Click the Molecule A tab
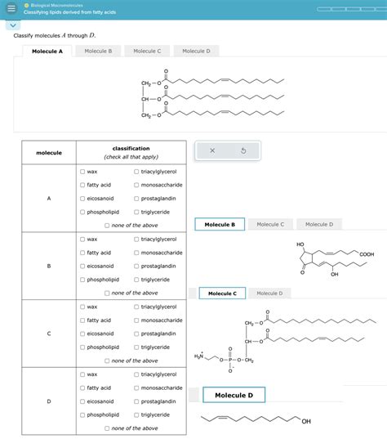pos(47,51)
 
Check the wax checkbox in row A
pos(82,172)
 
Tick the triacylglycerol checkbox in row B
pos(136,239)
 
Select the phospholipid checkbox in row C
pos(82,347)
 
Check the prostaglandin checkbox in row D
pos(136,401)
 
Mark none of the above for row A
pos(107,226)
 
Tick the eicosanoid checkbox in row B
pos(82,266)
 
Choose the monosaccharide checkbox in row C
pos(136,320)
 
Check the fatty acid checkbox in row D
pos(82,388)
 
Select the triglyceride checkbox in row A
pos(136,212)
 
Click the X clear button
pos(211,150)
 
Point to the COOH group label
pos(366,255)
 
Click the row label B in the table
pos(49,266)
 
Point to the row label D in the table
pos(49,401)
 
